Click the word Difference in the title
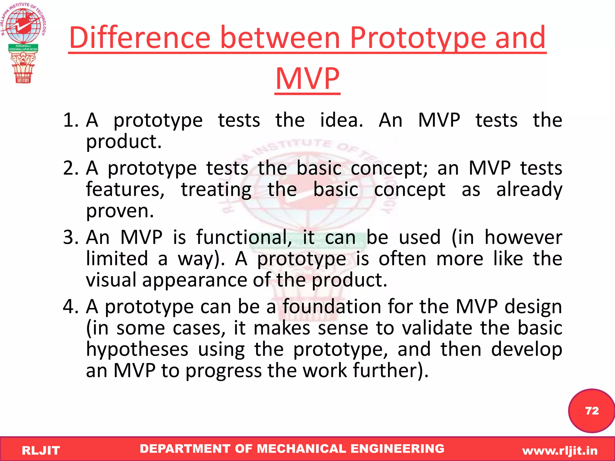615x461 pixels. [x=140, y=38]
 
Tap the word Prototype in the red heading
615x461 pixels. [x=418, y=38]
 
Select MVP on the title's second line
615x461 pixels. [x=307, y=79]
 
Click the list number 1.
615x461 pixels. [x=70, y=120]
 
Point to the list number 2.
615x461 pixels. [x=70, y=168]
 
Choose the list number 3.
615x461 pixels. [x=70, y=237]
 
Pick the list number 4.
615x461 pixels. [x=70, y=307]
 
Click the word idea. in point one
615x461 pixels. [x=341, y=120]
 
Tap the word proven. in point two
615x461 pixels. [x=120, y=211]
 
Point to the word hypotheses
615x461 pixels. [x=137, y=350]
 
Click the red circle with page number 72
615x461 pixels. [x=591, y=411]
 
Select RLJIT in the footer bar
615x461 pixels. [x=41, y=450]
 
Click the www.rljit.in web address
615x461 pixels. [x=560, y=450]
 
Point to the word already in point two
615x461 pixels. [x=529, y=190]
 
